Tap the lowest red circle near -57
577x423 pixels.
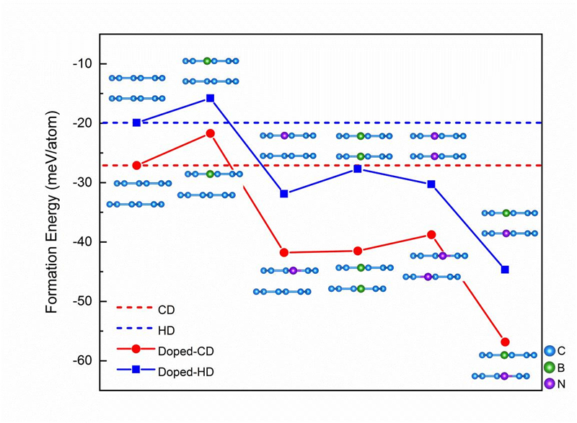pos(505,342)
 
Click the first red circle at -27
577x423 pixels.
pos(137,165)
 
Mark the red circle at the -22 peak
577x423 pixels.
pos(210,133)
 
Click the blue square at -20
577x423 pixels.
pos(137,123)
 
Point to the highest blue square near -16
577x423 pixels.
pos(210,98)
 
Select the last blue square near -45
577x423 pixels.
pos(505,270)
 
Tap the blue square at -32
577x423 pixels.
pos(284,194)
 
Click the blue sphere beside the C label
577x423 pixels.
pos(550,351)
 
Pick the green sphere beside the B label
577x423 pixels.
pos(550,368)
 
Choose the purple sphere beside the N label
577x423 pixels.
pos(550,383)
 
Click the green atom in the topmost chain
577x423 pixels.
pos(207,61)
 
